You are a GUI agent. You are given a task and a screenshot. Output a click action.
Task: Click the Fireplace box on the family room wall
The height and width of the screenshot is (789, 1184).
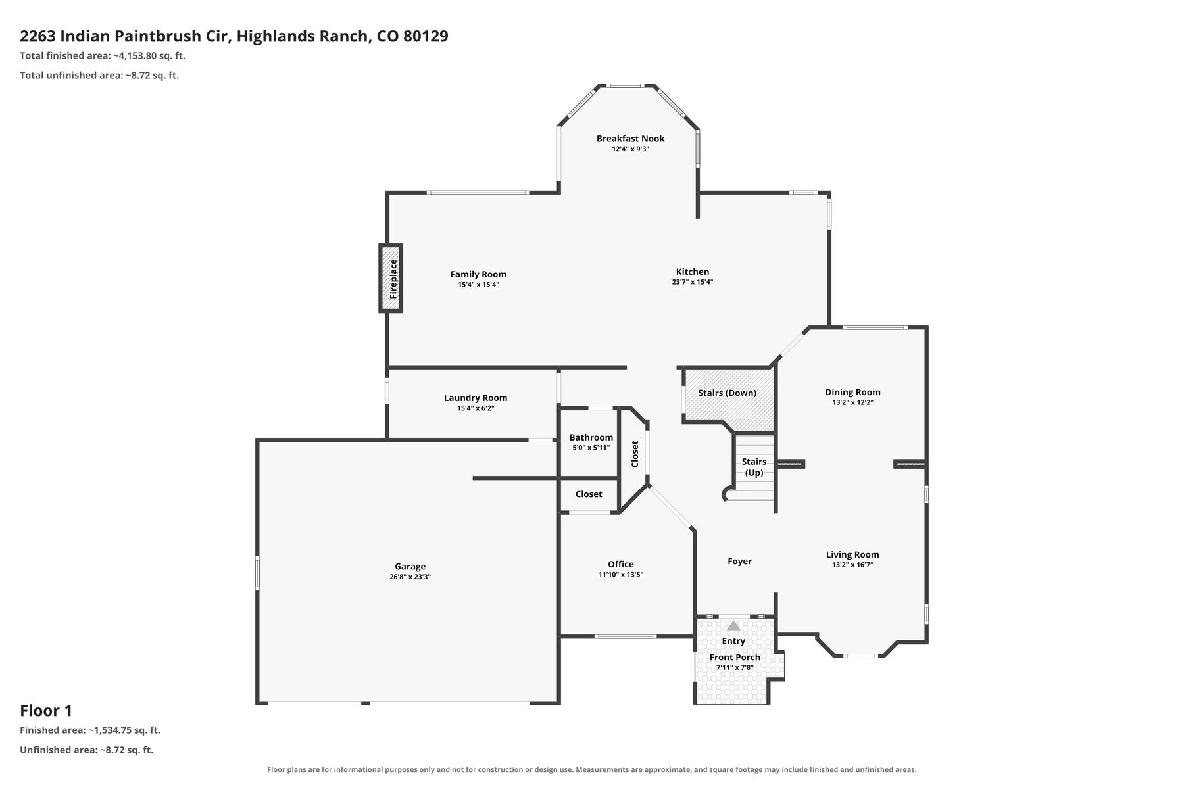(391, 278)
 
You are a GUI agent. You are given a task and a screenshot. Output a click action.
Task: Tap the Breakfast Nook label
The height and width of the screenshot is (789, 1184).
(630, 139)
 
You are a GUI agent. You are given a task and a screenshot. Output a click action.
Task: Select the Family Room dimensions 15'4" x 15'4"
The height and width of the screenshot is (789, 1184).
(478, 285)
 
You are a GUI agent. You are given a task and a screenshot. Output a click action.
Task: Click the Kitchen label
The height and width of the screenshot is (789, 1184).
(693, 272)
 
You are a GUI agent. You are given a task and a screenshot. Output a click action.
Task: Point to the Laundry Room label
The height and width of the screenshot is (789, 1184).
(476, 398)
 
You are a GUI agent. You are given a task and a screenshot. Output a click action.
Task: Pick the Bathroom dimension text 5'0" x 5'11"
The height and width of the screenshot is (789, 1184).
(591, 448)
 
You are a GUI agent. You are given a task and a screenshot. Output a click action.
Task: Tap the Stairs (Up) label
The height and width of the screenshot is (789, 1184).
(754, 467)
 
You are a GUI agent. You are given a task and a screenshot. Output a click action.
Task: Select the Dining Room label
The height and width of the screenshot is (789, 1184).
(852, 392)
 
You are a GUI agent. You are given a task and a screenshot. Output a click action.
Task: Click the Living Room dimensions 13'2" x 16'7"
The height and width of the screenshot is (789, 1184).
(852, 565)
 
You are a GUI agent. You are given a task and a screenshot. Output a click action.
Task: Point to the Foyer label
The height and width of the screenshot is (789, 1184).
(739, 561)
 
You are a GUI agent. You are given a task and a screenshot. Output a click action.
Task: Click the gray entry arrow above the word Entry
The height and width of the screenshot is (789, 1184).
(733, 625)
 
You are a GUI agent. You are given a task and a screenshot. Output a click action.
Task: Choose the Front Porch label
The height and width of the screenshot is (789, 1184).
(735, 657)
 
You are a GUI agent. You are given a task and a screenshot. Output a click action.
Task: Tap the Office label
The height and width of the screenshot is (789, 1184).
(621, 564)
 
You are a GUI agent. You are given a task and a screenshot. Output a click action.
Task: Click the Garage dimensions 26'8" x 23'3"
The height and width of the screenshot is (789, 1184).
(410, 577)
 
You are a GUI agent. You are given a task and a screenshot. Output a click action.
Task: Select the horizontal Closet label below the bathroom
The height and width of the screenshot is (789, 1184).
(589, 494)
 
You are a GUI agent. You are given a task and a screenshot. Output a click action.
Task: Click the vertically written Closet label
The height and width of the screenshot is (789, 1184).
(635, 454)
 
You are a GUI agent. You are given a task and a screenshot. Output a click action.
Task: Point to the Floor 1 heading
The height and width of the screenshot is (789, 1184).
(46, 711)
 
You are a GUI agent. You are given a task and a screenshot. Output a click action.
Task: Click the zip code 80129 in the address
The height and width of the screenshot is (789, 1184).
(426, 36)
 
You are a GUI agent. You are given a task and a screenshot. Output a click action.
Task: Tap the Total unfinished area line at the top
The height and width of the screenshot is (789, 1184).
(99, 75)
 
